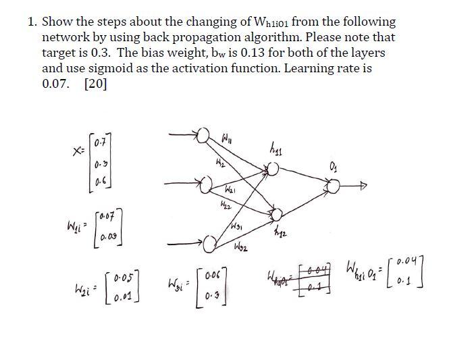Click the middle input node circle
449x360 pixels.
point(201,183)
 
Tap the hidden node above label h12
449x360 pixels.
point(276,215)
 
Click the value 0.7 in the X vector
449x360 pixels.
point(101,143)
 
